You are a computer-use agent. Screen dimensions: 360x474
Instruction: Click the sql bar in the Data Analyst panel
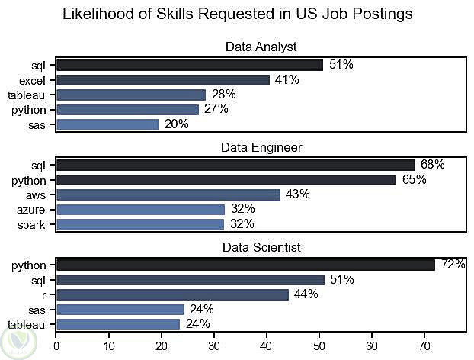[189, 65]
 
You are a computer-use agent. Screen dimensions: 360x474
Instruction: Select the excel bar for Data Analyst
[163, 80]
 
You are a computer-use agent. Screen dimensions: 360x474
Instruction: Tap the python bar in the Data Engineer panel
[226, 180]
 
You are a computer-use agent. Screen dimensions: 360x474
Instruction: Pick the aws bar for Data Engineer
[168, 194]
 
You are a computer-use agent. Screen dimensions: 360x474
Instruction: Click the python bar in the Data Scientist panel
[245, 265]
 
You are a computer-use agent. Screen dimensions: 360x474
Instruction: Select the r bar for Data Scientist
[172, 294]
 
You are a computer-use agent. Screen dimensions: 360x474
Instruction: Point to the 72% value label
[453, 265]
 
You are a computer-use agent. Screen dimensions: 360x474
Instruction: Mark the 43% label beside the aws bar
[298, 194]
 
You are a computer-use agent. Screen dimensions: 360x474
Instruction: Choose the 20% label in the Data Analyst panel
[176, 124]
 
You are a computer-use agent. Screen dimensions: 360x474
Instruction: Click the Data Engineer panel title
[261, 147]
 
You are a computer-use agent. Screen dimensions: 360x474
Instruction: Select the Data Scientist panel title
[261, 247]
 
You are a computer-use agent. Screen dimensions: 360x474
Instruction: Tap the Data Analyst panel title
[261, 47]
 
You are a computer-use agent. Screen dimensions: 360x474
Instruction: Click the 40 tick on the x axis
[267, 344]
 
